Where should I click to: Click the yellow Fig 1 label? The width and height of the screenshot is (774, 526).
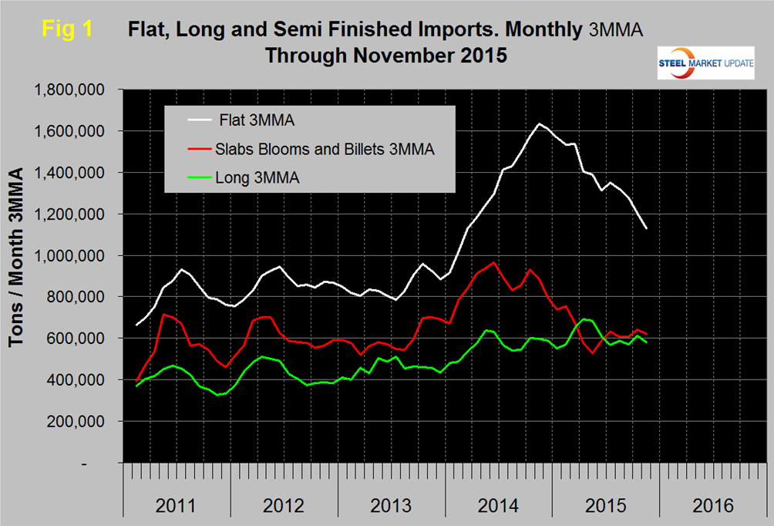[66, 29]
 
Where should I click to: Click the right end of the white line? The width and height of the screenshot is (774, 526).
[646, 229]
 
